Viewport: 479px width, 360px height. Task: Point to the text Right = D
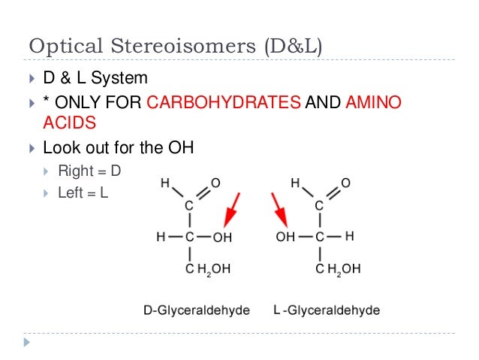89,171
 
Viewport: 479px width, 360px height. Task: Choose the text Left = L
83,193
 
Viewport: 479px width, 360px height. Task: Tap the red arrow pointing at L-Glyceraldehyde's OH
280,208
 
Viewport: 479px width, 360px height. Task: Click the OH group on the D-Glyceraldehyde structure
222,237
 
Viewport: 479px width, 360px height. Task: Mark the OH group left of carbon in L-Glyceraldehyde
286,237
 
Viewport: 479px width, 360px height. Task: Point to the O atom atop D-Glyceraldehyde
215,183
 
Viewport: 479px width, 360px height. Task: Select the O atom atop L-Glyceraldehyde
345,183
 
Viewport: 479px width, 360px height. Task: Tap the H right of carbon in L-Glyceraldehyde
349,237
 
